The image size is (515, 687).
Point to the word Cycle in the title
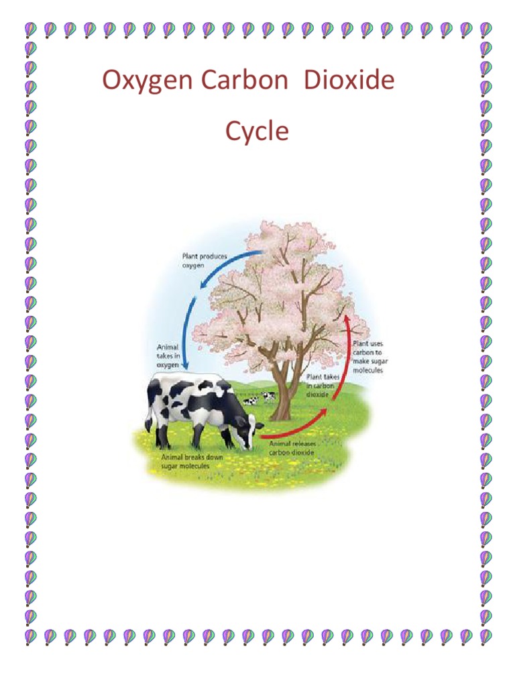coord(257,131)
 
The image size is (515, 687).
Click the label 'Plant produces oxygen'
coord(204,260)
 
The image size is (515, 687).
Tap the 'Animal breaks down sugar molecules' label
coord(192,461)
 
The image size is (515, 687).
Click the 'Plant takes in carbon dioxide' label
coord(324,386)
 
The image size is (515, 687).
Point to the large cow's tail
coord(150,409)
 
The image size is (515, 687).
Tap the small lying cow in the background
coord(251,401)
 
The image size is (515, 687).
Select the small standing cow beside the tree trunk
coord(269,396)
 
